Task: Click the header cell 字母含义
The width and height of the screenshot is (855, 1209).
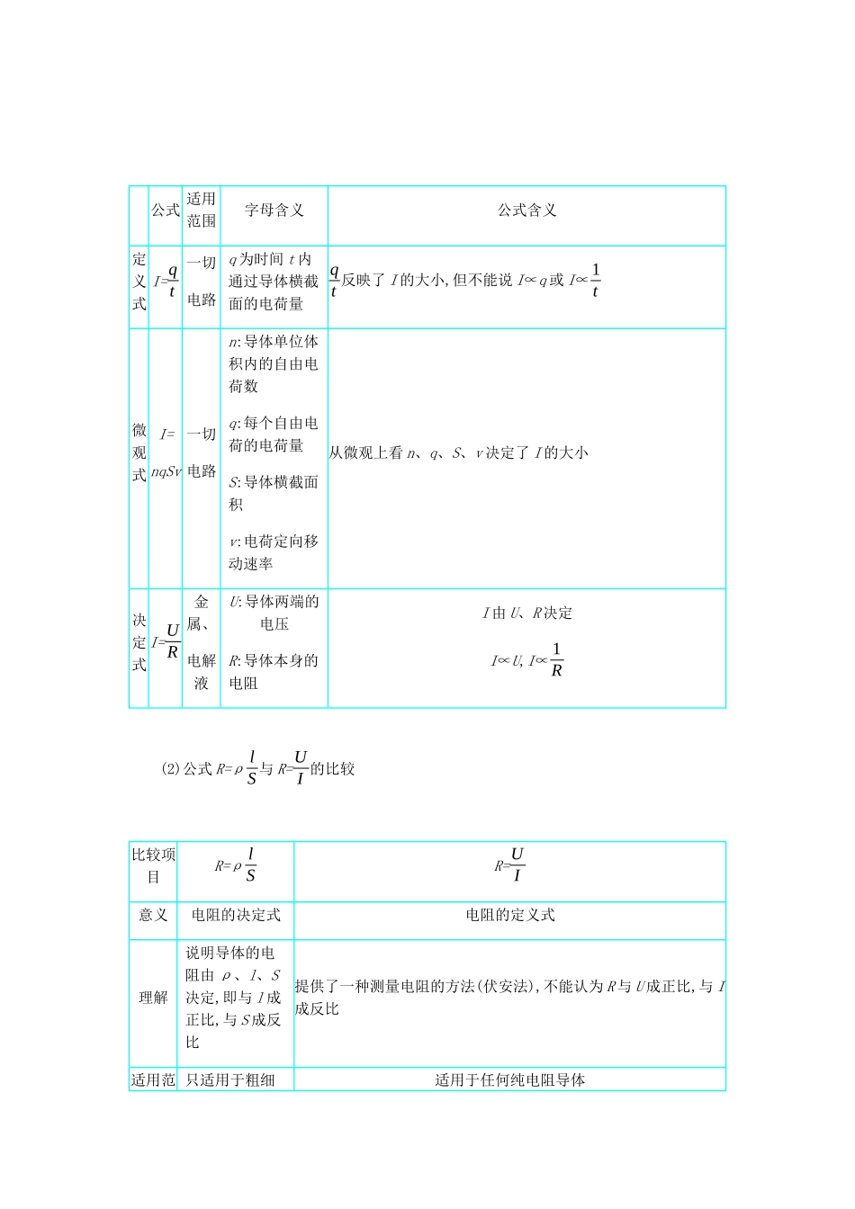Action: [274, 210]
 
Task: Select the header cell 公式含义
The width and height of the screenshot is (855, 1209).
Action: [527, 210]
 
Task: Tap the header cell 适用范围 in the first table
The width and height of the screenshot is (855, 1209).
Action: [202, 210]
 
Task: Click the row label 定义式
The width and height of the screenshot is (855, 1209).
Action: [139, 282]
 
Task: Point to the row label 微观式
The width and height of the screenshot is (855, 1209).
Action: [139, 452]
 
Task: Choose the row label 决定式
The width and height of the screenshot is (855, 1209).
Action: [139, 642]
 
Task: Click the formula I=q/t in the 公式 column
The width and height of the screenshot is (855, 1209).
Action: [166, 281]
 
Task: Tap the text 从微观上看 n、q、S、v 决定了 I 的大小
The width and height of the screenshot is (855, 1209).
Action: [458, 453]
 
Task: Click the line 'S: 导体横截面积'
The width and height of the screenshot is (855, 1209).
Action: [273, 493]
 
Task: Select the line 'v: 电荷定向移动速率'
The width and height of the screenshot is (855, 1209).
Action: [273, 552]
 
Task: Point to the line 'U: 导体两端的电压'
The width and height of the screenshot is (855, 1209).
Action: [274, 613]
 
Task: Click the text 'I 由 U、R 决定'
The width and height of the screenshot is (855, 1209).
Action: [527, 613]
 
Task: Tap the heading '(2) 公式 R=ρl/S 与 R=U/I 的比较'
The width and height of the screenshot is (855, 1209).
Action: [258, 768]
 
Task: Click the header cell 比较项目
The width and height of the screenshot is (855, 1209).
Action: [153, 865]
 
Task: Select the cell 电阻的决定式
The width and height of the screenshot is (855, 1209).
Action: [236, 915]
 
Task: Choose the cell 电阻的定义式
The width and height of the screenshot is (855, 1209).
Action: [509, 915]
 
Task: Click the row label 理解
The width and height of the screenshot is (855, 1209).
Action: [153, 998]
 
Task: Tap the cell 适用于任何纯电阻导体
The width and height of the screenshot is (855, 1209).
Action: [509, 1079]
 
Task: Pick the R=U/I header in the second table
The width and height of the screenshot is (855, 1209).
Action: [509, 864]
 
